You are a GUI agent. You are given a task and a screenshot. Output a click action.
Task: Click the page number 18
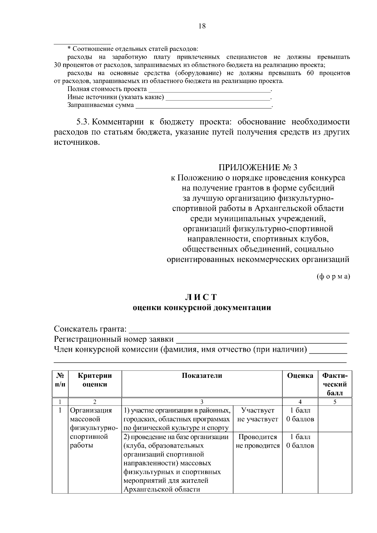(x=202, y=26)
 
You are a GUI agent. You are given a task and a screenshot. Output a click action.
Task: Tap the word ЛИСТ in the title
(x=201, y=297)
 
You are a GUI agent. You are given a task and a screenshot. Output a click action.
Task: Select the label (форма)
(x=333, y=277)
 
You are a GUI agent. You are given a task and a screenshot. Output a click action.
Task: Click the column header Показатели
(x=202, y=376)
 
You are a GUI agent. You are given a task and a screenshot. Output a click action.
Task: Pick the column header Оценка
(x=300, y=376)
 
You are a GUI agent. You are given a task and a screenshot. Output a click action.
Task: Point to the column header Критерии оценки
(x=95, y=380)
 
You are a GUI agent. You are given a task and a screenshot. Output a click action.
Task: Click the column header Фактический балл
(x=335, y=384)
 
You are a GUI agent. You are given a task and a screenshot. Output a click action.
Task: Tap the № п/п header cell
(x=60, y=380)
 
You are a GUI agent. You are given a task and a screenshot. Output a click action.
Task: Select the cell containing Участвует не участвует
(x=258, y=415)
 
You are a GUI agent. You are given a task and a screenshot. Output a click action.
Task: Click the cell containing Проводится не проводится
(x=258, y=441)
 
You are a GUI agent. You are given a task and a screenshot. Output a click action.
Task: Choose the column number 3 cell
(x=202, y=401)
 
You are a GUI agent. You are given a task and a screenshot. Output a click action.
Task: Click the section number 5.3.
(x=84, y=122)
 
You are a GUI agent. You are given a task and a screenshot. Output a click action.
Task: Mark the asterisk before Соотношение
(x=69, y=49)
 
